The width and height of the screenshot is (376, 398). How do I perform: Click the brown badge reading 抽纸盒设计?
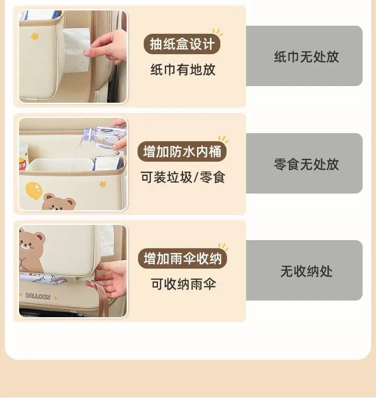tap(182, 44)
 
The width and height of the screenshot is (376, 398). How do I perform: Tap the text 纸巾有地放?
tap(183, 69)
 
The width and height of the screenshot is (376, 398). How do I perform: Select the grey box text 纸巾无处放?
tap(307, 57)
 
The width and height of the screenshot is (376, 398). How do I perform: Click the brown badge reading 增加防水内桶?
tap(182, 152)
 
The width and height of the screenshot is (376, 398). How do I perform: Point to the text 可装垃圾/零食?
tap(183, 177)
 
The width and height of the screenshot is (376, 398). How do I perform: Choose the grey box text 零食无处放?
tap(307, 164)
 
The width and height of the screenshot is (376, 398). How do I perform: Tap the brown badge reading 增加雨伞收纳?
tap(182, 259)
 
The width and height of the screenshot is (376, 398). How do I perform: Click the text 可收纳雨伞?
tap(183, 284)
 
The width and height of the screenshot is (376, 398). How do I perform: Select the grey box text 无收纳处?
tap(307, 271)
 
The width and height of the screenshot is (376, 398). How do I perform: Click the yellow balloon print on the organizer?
tap(34, 190)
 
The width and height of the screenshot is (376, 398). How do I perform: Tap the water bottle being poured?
tap(104, 138)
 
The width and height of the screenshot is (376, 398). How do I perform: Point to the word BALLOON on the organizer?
tap(38, 296)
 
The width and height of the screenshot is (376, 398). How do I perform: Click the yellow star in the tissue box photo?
tap(35, 36)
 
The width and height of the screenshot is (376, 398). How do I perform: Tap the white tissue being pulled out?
tap(77, 49)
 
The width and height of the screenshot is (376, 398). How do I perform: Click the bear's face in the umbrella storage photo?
tap(29, 243)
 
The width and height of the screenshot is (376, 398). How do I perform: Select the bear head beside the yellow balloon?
tap(59, 202)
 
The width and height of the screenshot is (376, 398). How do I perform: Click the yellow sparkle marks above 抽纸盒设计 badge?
tap(218, 32)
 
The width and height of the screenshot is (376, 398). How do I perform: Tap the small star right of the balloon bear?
tap(102, 184)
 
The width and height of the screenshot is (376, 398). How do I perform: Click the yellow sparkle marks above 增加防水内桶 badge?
tap(223, 139)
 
